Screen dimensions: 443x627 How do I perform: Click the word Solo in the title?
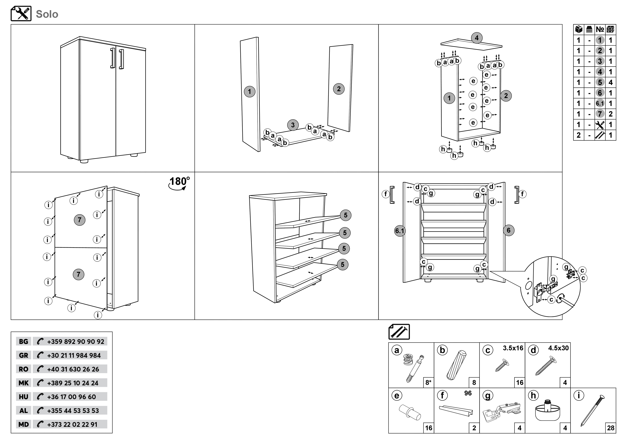[x=47, y=14]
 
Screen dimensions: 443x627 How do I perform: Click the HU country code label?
[x=23, y=397]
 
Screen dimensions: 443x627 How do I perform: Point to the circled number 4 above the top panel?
[x=477, y=38]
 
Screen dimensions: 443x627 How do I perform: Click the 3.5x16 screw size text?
[x=513, y=348]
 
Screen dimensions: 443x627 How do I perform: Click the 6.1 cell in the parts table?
[x=600, y=103]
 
